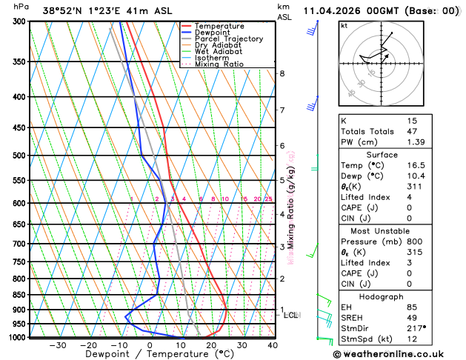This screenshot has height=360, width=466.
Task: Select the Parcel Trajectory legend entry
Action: tap(228, 39)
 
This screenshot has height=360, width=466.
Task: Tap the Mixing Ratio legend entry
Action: tap(219, 64)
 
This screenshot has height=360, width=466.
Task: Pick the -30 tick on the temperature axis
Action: tap(57, 344)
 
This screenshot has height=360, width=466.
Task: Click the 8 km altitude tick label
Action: tap(282, 73)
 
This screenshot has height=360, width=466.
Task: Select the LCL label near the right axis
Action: tap(291, 315)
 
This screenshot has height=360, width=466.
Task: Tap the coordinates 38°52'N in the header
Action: tap(61, 11)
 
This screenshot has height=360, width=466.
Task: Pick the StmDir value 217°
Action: tap(415, 327)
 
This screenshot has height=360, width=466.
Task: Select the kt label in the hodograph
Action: tap(344, 25)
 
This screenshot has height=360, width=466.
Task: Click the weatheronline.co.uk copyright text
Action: tap(399, 353)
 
